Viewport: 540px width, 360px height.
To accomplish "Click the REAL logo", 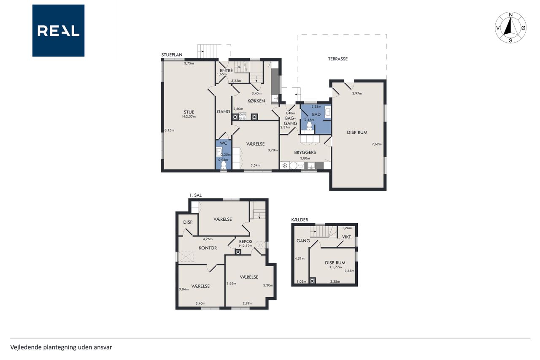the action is click(x=58, y=31).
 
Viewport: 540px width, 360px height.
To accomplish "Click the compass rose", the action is click(x=510, y=27).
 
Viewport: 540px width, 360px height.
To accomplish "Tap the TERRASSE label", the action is click(x=338, y=59).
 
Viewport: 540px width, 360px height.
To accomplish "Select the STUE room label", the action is click(x=189, y=112).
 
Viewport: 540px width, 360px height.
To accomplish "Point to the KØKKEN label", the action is click(x=256, y=101).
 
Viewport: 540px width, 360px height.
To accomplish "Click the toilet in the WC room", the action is click(x=224, y=165).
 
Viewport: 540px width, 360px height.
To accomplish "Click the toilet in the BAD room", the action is click(x=309, y=126).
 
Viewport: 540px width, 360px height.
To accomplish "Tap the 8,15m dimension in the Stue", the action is click(x=170, y=130).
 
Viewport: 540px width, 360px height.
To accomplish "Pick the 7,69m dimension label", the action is click(x=377, y=144).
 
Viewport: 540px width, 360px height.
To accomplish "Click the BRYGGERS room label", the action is click(x=305, y=152).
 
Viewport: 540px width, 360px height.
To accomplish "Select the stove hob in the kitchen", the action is click(x=242, y=117).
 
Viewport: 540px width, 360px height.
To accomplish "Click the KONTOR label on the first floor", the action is click(x=208, y=248).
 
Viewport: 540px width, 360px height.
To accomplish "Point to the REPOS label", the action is click(x=246, y=241).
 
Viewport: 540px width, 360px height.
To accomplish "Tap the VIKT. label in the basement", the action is click(x=347, y=237).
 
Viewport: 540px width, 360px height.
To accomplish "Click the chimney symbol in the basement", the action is click(x=313, y=281).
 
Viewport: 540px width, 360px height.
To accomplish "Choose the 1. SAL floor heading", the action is click(x=195, y=195).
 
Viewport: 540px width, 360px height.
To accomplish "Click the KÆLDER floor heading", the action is click(x=300, y=219).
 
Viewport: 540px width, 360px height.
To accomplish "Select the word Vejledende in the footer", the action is click(x=26, y=347).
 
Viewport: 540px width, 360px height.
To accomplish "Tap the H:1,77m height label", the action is click(x=335, y=267).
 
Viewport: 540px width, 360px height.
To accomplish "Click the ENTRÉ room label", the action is click(x=227, y=70).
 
